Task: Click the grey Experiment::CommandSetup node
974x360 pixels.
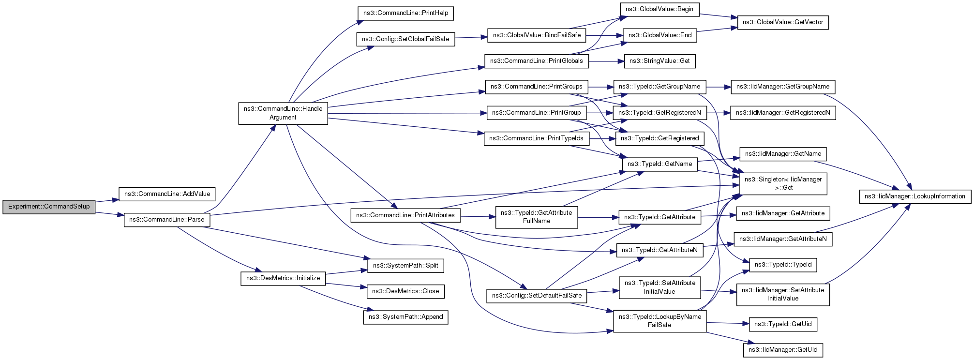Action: tap(49, 207)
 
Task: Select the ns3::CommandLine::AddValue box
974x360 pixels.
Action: tap(167, 194)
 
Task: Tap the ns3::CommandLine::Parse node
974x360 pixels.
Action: tap(167, 220)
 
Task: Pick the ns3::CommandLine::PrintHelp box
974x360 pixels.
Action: tap(405, 13)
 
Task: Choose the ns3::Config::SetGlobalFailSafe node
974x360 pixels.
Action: tap(405, 39)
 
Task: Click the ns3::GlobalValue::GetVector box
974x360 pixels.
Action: tap(783, 22)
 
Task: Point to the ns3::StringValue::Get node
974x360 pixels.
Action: tap(659, 61)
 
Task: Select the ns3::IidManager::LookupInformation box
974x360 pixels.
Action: tap(915, 196)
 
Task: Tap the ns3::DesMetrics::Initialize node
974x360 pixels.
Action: tap(283, 278)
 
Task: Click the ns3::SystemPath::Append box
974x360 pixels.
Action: tap(405, 317)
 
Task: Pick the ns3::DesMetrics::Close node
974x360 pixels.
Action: tap(405, 291)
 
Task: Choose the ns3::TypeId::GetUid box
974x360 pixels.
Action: tap(783, 324)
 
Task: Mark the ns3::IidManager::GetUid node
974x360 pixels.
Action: tap(783, 350)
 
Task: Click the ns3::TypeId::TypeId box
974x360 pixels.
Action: tap(783, 265)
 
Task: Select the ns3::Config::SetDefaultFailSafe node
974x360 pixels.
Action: tap(537, 296)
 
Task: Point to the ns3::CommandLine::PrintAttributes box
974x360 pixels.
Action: tap(405, 215)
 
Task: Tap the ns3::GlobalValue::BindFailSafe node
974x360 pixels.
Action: tap(537, 35)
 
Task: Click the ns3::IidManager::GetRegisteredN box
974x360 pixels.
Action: tap(783, 113)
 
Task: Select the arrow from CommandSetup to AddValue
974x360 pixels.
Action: tap(107, 200)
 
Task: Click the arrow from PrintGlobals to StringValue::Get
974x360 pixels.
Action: tap(607, 61)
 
